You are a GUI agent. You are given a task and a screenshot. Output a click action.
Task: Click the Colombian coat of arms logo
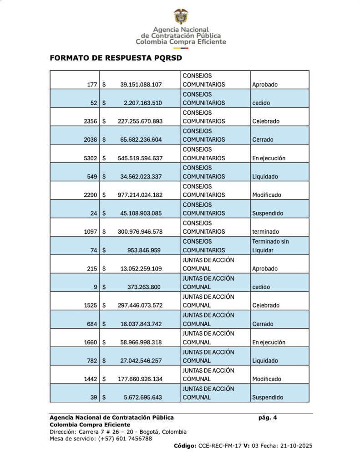point(181,16)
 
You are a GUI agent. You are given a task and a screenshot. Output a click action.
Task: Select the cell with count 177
point(91,84)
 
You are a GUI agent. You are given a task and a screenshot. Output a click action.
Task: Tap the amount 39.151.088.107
point(141,84)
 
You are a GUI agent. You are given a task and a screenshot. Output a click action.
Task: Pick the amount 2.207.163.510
point(142,103)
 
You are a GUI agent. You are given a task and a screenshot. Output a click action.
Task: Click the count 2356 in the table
point(89,121)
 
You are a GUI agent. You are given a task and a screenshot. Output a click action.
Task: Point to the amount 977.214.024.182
point(140,195)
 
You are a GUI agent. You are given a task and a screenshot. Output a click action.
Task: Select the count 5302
point(89,158)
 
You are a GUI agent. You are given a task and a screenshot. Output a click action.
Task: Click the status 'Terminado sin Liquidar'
point(270,246)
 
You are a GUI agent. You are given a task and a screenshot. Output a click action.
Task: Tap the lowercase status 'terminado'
point(265,231)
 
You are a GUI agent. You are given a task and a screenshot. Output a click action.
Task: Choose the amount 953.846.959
point(144,250)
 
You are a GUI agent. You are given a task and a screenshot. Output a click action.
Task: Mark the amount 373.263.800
point(144,287)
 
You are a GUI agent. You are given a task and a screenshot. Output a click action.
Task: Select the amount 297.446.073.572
point(140,305)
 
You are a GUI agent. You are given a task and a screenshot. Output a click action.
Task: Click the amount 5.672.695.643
point(142,397)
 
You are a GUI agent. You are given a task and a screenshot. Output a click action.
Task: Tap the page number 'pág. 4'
point(267,417)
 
